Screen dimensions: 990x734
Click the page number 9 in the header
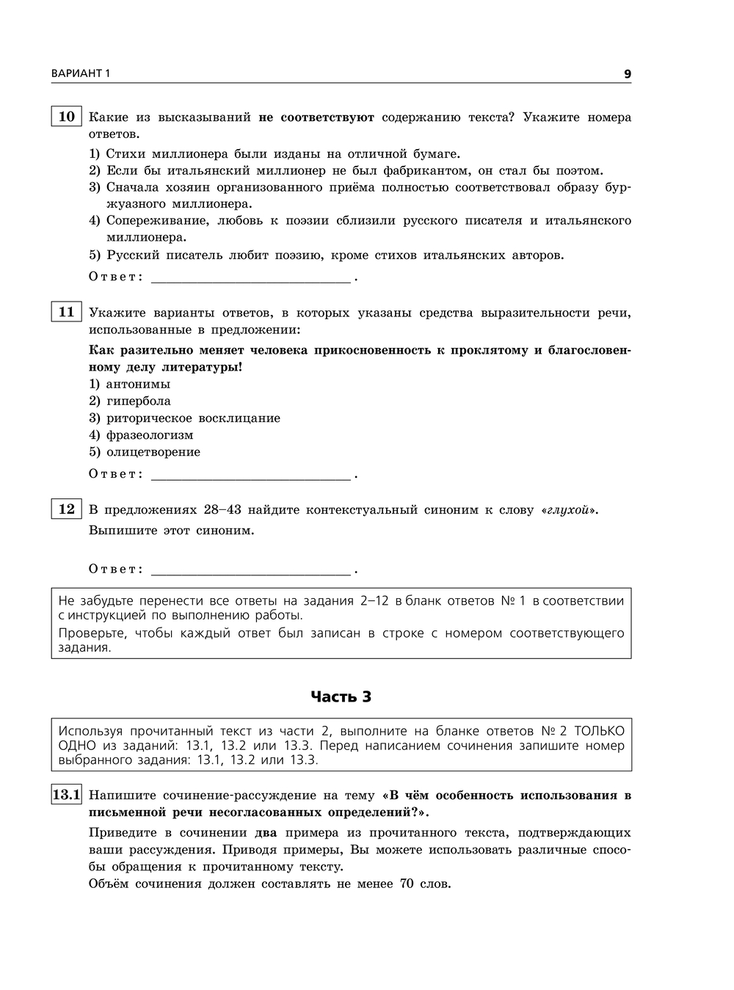[x=627, y=73]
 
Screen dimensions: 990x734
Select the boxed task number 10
[x=66, y=117]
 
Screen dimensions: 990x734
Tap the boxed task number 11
[x=66, y=312]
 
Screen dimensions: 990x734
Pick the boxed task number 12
[x=66, y=509]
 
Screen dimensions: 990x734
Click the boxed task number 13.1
[x=66, y=794]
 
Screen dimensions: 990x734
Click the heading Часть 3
[x=341, y=696]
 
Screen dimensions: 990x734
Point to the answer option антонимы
[x=138, y=384]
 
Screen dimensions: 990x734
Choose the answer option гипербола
[x=138, y=401]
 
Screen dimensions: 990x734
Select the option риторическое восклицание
[x=193, y=418]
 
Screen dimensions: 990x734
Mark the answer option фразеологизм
[x=150, y=434]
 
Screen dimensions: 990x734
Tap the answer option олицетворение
[x=153, y=451]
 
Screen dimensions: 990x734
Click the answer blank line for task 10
[x=250, y=279]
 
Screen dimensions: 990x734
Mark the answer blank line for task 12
[x=250, y=572]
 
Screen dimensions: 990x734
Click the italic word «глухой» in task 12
[x=569, y=509]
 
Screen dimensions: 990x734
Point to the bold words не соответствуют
[x=316, y=117]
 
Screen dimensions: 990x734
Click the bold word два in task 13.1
[x=266, y=832]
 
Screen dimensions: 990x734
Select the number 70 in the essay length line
[x=407, y=883]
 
